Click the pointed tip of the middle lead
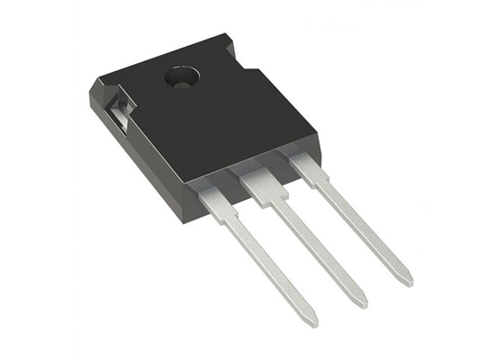click(x=363, y=302)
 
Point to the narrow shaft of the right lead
click(x=360, y=225)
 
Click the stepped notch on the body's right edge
click(x=256, y=64)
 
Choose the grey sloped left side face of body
click(x=135, y=153)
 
